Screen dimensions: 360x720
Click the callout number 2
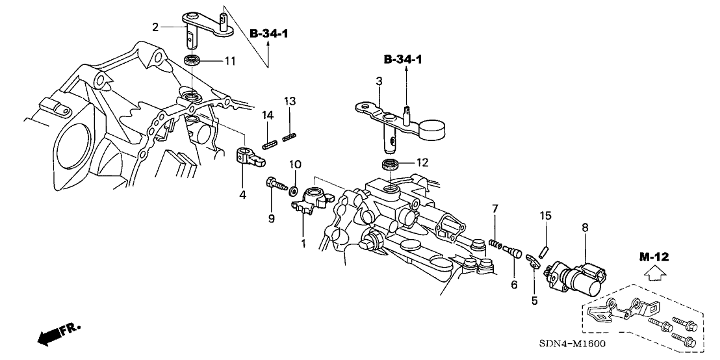(x=155, y=27)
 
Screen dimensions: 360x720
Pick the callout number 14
(x=266, y=115)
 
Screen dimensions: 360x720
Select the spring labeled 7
(x=497, y=244)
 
